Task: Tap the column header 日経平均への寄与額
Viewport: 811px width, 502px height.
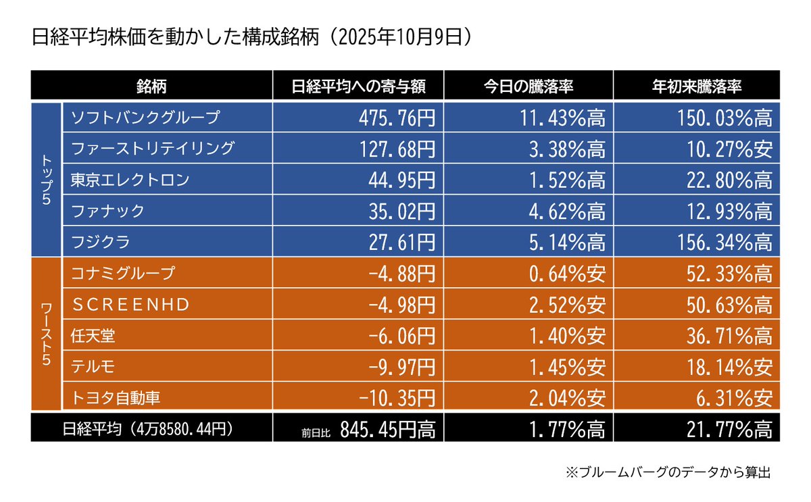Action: tap(358, 86)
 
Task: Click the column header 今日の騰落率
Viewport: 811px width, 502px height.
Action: tap(529, 86)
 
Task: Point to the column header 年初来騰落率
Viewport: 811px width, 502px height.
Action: tap(697, 86)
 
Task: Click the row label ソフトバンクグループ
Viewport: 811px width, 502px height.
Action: tap(145, 118)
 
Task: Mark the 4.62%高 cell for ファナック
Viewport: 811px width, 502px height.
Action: tap(565, 211)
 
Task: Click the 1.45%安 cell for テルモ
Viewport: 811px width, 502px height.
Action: tap(565, 367)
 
